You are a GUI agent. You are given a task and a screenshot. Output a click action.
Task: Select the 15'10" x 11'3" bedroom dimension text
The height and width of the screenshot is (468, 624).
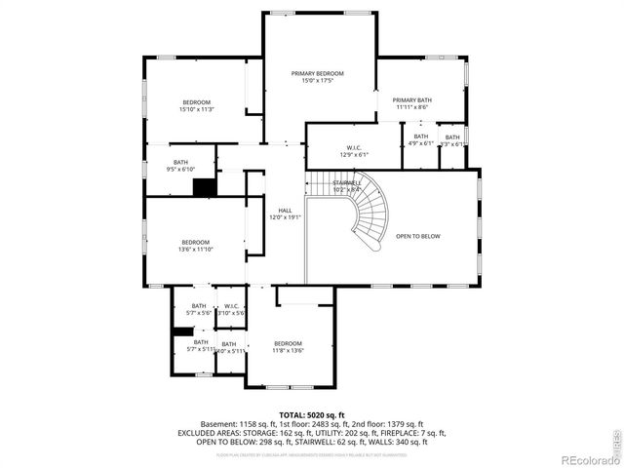pyautogui.click(x=196, y=110)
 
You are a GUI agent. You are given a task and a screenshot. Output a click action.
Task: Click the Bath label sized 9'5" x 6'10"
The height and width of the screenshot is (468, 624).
pyautogui.click(x=180, y=163)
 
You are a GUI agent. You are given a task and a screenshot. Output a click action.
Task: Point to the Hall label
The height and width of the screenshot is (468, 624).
pyautogui.click(x=285, y=210)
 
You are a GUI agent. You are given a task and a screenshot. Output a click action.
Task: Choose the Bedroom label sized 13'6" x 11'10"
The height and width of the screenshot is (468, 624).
pyautogui.click(x=194, y=242)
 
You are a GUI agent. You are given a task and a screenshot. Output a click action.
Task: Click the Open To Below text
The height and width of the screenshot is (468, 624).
pyautogui.click(x=417, y=236)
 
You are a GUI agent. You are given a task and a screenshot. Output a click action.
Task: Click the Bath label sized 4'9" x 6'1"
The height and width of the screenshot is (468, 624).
pyautogui.click(x=420, y=136)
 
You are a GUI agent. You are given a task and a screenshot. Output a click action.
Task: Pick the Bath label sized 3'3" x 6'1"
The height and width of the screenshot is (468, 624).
pyautogui.click(x=451, y=137)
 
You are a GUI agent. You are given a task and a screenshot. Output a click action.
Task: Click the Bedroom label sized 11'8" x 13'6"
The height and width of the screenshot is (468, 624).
pyautogui.click(x=288, y=343)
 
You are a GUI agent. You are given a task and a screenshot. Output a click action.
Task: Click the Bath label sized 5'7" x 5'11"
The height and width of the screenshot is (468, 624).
pyautogui.click(x=200, y=342)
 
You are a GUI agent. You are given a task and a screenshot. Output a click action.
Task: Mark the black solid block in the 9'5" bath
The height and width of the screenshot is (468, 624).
pyautogui.click(x=203, y=188)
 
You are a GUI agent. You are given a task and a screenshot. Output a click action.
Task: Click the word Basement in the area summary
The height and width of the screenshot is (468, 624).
pyautogui.click(x=218, y=424)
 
